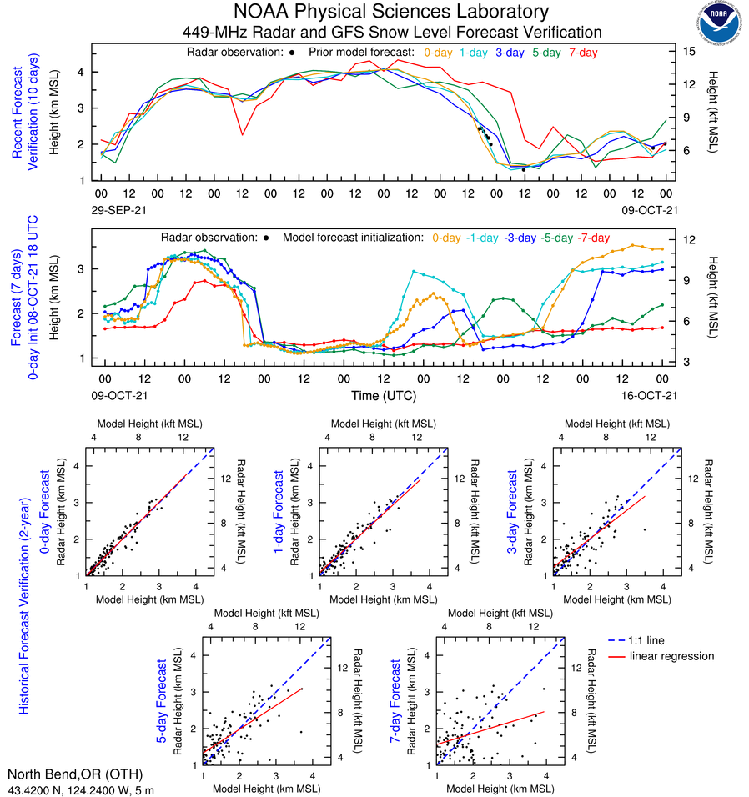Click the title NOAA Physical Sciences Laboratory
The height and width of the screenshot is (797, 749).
click(392, 12)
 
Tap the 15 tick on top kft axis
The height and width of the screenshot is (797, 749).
click(690, 51)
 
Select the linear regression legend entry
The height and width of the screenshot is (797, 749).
click(671, 656)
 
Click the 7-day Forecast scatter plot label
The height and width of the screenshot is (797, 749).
click(397, 701)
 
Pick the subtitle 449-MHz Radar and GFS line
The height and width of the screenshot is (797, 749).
click(392, 32)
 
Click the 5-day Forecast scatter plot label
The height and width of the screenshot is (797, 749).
click(163, 701)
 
